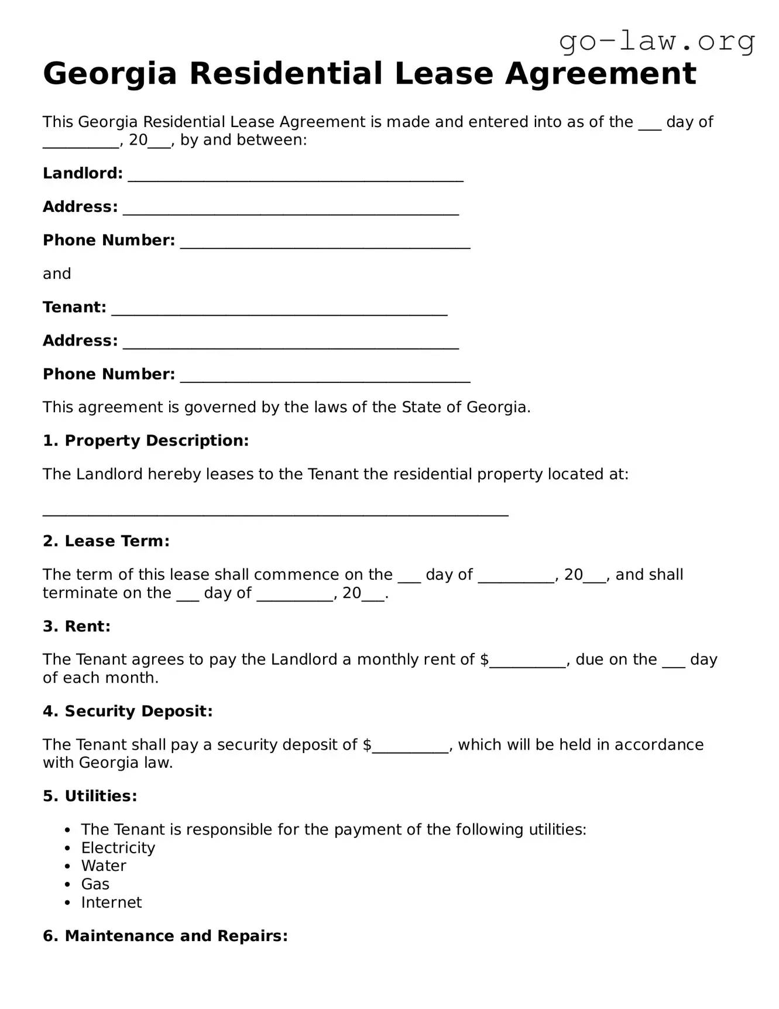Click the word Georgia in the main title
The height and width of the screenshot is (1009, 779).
pos(109,74)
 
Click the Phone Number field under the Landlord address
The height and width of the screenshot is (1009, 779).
pos(325,242)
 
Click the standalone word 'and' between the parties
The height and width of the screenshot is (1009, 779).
pos(57,274)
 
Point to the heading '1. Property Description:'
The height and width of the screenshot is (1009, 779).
pos(146,441)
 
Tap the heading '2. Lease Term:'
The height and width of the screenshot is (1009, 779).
pos(106,541)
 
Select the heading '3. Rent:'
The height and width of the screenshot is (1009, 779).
pos(77,627)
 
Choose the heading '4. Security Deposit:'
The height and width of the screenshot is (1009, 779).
pos(128,712)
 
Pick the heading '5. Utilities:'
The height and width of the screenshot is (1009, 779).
pos(90,796)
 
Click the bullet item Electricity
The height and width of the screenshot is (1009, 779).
pos(118,848)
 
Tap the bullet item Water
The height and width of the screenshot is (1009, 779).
pos(104,866)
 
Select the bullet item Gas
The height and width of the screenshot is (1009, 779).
pos(95,884)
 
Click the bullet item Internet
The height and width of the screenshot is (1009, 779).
pos(111,902)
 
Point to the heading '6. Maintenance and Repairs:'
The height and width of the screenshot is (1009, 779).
pos(165,936)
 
